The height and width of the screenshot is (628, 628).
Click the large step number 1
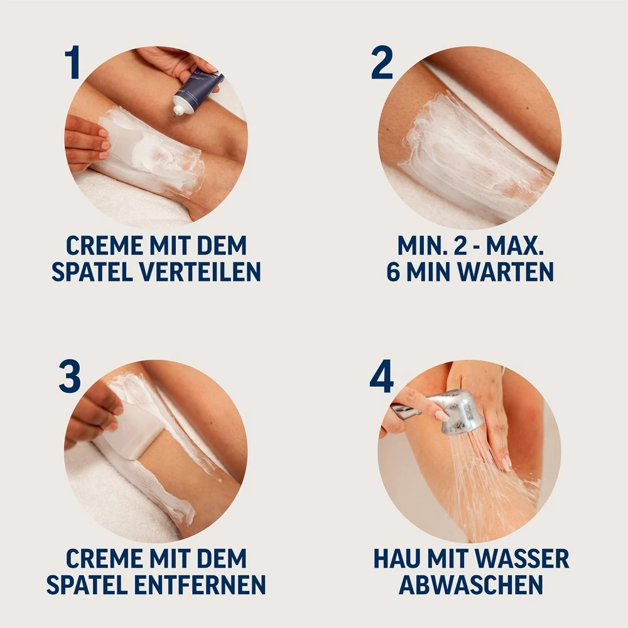[73, 63]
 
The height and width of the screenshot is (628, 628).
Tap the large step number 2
[382, 63]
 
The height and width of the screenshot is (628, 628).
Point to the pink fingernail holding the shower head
[441, 414]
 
